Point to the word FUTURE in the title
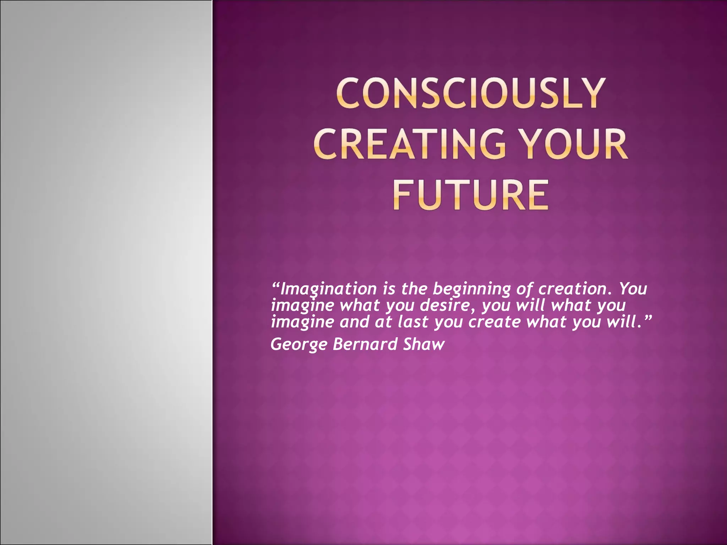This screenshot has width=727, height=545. click(x=470, y=196)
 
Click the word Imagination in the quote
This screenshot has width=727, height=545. click(x=329, y=289)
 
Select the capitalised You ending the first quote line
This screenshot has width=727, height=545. click(x=633, y=289)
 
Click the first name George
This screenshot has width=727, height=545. click(x=299, y=345)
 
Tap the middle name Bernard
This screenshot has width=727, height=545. click(x=365, y=345)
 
